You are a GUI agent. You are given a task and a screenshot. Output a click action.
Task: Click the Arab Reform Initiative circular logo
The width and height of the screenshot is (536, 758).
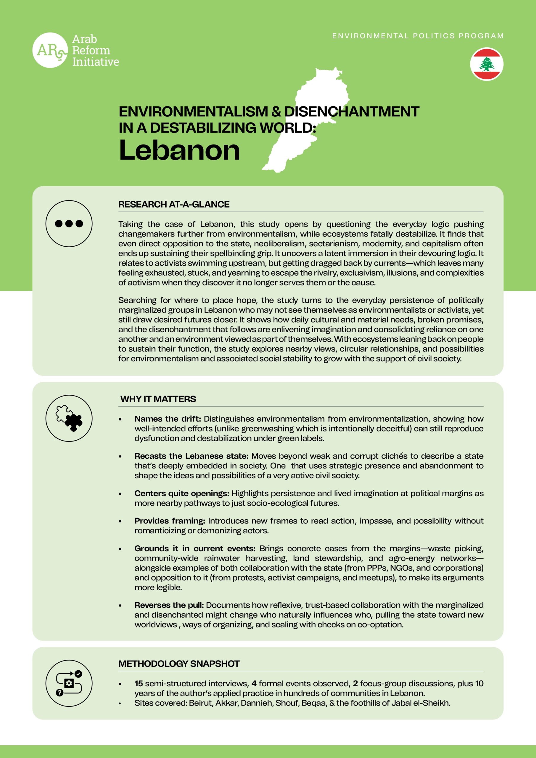click(50, 50)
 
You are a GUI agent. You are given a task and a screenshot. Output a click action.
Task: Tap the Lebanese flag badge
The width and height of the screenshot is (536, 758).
click(487, 64)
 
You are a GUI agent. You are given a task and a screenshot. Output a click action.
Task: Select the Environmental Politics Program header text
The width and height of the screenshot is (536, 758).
click(418, 36)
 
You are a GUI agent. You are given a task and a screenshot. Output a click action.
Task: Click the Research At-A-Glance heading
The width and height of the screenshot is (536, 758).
click(174, 204)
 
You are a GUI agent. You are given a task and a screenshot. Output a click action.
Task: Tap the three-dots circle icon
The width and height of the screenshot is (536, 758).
click(69, 224)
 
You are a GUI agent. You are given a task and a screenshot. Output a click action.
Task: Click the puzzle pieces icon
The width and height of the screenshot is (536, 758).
click(69, 418)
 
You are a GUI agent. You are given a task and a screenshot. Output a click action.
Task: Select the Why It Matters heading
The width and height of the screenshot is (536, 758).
click(158, 399)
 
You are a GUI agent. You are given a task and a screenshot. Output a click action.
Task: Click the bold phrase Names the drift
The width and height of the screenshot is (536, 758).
click(168, 419)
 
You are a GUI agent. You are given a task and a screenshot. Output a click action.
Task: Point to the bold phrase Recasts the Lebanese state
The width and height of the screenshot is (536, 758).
click(191, 456)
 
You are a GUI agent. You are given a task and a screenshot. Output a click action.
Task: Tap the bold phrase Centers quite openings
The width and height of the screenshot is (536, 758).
click(182, 493)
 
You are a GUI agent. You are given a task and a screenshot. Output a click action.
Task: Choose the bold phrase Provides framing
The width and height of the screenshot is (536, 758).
click(170, 521)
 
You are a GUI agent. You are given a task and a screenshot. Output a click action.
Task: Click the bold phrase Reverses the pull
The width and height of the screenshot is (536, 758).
click(169, 605)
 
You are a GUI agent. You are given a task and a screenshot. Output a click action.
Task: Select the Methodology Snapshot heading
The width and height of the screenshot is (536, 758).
click(179, 664)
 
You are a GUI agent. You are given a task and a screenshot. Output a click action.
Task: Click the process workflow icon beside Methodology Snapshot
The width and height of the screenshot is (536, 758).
click(69, 683)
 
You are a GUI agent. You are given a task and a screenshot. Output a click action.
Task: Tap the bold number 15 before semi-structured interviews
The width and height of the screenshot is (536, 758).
click(139, 683)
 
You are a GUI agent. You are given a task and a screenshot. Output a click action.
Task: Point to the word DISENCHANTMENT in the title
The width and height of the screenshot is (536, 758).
click(352, 112)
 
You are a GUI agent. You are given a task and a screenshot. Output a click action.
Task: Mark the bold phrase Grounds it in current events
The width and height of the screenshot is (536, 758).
click(195, 548)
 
